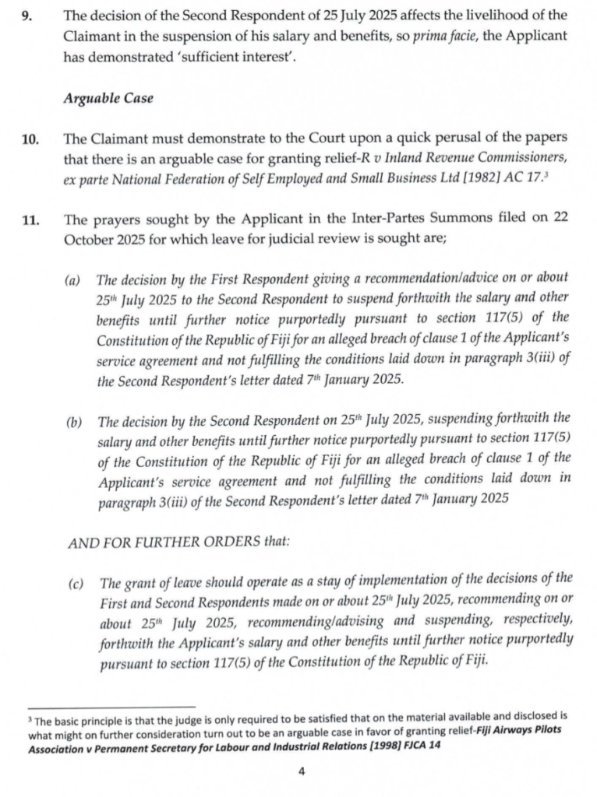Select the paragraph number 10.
pos(30,139)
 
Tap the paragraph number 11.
pos(30,219)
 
